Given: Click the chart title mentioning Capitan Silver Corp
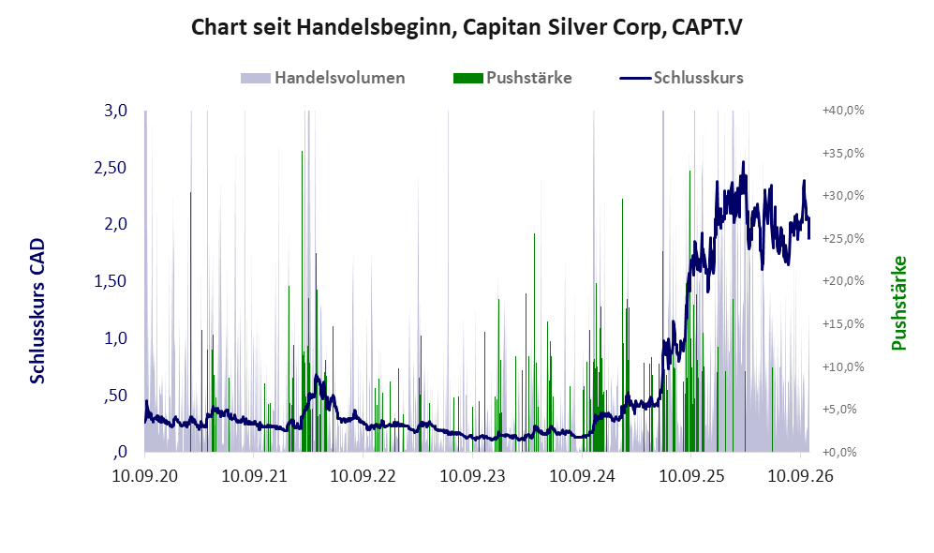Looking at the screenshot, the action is click(x=467, y=28).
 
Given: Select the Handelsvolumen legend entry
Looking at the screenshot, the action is click(x=323, y=78).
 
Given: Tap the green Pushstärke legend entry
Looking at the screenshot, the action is click(x=512, y=78).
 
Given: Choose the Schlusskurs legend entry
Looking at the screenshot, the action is click(x=681, y=78).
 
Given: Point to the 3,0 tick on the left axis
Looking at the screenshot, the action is click(x=115, y=111).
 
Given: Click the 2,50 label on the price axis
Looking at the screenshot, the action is click(x=111, y=168).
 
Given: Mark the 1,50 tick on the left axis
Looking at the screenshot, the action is click(x=111, y=280).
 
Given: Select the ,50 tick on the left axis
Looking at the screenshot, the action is click(x=115, y=396).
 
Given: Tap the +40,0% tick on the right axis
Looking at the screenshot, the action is click(x=843, y=111).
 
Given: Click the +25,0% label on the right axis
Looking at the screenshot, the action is click(x=843, y=238).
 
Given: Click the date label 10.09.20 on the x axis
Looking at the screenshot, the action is click(x=145, y=475).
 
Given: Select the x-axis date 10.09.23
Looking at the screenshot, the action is click(x=472, y=475).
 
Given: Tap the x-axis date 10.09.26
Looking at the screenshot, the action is click(x=800, y=475).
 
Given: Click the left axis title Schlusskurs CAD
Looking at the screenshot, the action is click(x=37, y=311).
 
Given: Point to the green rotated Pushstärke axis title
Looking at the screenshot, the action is click(x=898, y=304).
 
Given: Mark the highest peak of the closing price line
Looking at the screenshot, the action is click(x=744, y=161).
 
